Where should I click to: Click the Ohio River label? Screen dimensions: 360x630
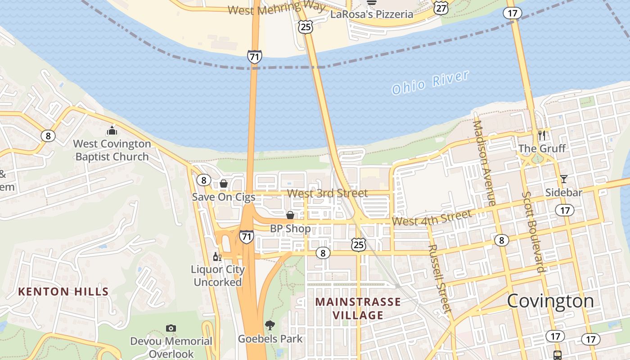coord(430,82)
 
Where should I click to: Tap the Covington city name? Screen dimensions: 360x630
coord(550,301)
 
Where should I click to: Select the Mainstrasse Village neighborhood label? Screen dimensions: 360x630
coord(358,308)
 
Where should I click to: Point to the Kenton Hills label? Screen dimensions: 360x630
coord(63,292)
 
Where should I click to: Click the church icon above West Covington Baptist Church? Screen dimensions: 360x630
coord(112,131)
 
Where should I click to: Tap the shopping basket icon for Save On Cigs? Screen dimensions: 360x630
coord(224,184)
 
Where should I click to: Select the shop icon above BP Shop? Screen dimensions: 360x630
coord(290,215)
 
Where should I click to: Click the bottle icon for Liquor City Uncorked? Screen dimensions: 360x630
coord(217,256)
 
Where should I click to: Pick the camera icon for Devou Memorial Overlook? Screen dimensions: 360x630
coord(171,328)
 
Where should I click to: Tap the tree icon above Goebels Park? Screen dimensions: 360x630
coord(270,325)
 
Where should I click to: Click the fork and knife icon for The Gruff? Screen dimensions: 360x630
coord(542,135)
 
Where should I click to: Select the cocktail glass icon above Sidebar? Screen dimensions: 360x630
coord(563,179)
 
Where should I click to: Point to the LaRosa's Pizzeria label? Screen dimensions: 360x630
coord(372,14)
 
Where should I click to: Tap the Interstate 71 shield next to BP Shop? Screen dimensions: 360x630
coord(246,237)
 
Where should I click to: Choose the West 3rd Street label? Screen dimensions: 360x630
coord(327,193)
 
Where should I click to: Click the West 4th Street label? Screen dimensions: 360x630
coord(432,218)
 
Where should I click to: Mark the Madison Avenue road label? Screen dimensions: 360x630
coord(484,163)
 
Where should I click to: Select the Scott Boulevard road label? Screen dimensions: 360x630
coord(534,232)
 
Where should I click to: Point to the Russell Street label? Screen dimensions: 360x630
coord(439,279)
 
